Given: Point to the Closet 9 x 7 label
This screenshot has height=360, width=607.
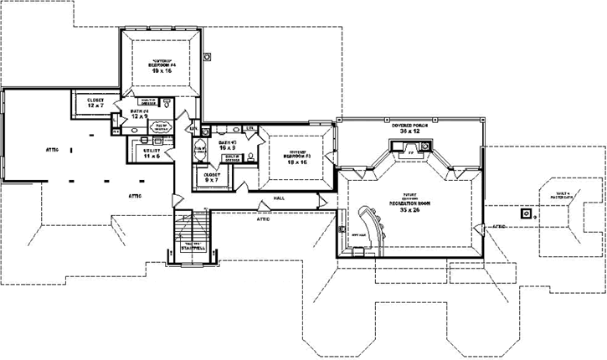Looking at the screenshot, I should (212, 177).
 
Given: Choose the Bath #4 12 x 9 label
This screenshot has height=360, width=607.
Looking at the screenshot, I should (139, 114).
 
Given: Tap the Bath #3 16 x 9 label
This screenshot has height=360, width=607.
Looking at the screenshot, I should (229, 146).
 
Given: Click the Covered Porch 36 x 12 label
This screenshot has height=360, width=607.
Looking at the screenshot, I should (409, 128).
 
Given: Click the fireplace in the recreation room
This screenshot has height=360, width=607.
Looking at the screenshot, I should (409, 152).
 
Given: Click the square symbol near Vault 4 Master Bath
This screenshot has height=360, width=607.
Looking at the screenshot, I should (526, 213).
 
